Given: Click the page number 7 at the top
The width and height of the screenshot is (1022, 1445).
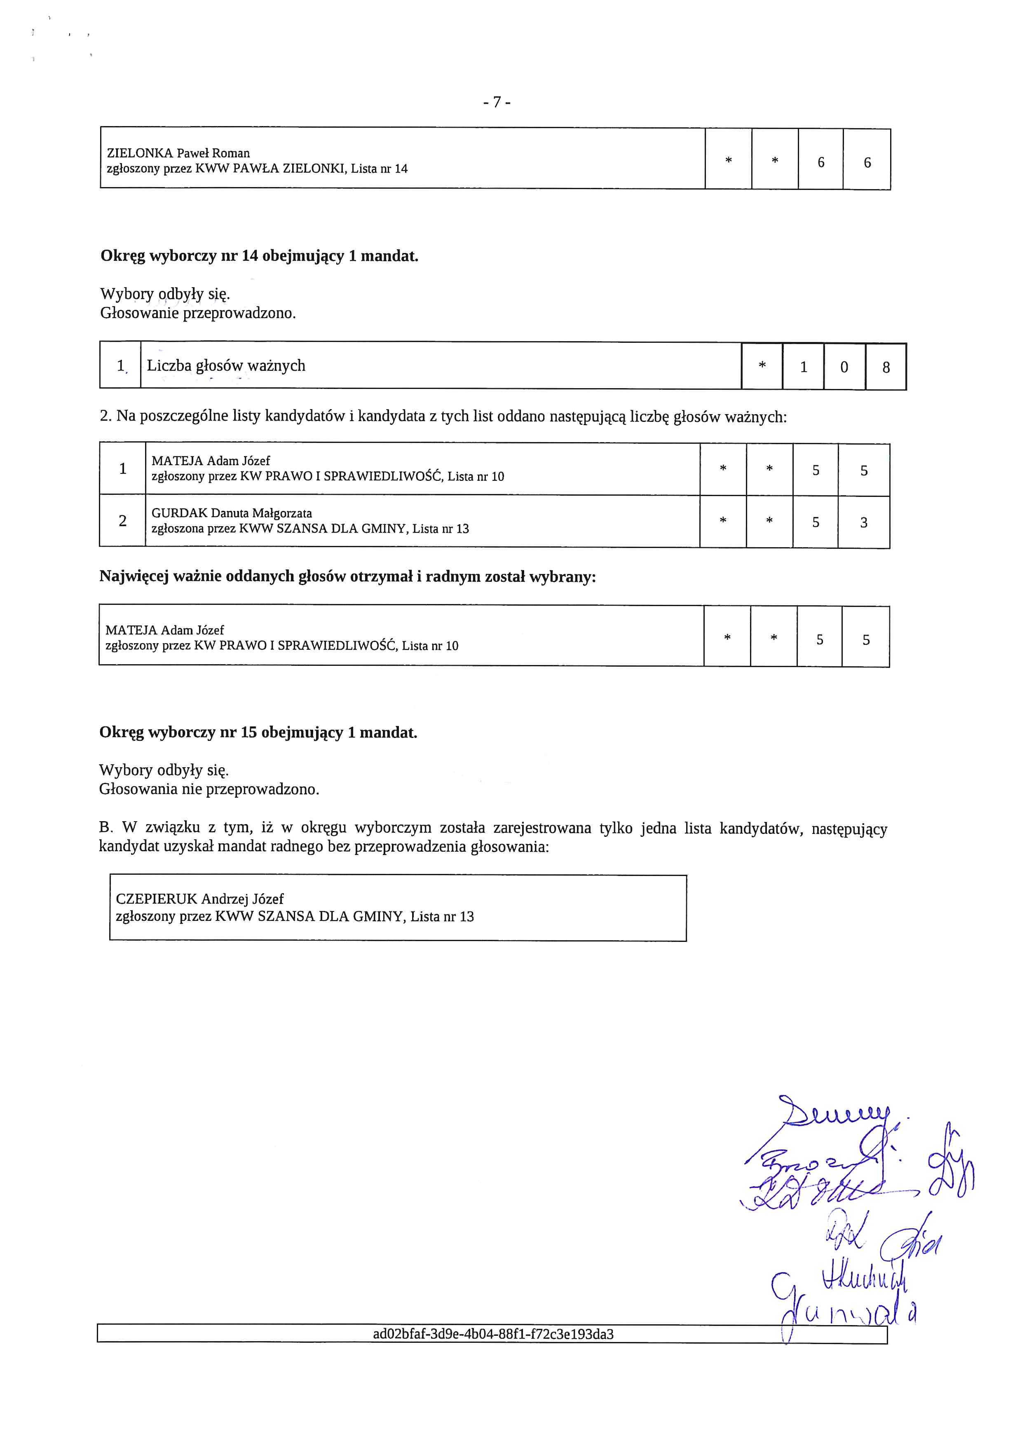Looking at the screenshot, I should coord(497,102).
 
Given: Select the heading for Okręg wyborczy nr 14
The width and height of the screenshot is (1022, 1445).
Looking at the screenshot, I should coord(259,256).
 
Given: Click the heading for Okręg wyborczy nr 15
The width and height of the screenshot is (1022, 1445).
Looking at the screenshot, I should coord(258,733).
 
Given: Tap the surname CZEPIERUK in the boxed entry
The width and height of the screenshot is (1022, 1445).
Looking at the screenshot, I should coord(156,899).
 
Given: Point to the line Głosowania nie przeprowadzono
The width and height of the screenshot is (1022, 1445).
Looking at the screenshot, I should coord(209,789).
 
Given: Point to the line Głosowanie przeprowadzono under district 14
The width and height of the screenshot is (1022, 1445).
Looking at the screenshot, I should coord(198,313).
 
